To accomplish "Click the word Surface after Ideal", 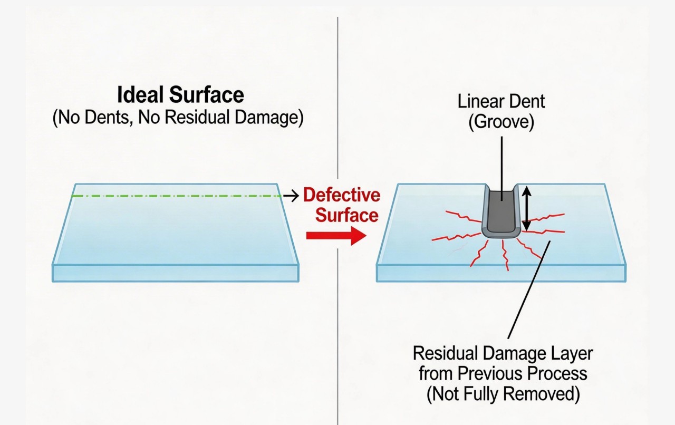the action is tap(207, 95).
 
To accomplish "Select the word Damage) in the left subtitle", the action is tap(269, 118).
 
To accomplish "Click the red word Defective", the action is tap(342, 195).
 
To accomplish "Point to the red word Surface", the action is tap(347, 215).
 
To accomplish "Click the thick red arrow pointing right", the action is tap(336, 235).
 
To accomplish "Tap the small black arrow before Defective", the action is tap(291, 196).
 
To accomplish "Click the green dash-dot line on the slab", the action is tap(177, 196).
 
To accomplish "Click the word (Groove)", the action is tap(501, 122).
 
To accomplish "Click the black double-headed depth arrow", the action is tap(526, 208).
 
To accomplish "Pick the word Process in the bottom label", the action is tap(557, 373).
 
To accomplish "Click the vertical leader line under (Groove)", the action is tap(502, 168).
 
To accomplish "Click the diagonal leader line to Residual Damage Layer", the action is tap(529, 289).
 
